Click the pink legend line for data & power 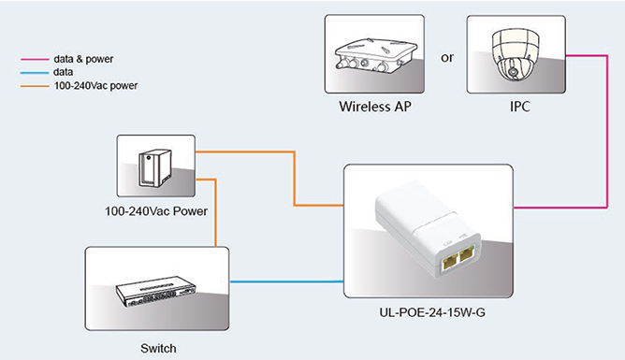click(x=35, y=59)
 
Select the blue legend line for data click(x=35, y=73)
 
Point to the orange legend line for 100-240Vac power click(x=35, y=86)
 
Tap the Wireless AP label click(x=375, y=107)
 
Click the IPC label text click(x=520, y=107)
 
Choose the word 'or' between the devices click(x=447, y=58)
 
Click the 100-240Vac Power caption click(x=156, y=211)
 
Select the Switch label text click(x=158, y=349)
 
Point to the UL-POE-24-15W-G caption click(x=432, y=312)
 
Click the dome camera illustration click(x=516, y=53)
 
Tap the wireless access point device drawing click(x=375, y=55)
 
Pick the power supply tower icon click(x=155, y=168)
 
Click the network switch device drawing click(x=156, y=291)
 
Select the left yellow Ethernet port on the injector click(x=450, y=261)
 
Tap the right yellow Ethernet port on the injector click(x=466, y=254)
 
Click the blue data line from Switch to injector click(x=286, y=282)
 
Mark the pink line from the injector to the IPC click(x=607, y=132)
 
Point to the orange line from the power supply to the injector click(x=295, y=179)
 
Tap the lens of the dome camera click(x=514, y=72)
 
